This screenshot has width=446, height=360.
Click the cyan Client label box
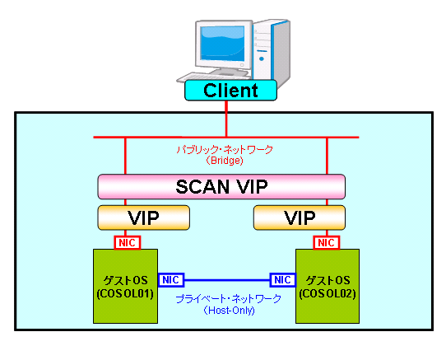[x=230, y=91]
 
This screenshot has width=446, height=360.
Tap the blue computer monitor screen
[x=222, y=44]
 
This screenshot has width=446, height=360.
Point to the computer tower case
[x=272, y=51]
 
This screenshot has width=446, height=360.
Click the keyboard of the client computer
[x=213, y=77]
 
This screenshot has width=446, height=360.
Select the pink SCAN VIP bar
[x=221, y=187]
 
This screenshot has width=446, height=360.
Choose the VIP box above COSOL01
[x=144, y=217]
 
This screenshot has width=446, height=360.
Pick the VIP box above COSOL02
[x=300, y=217]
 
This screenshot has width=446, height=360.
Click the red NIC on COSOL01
[x=128, y=243]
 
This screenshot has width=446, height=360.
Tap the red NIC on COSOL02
[x=326, y=243]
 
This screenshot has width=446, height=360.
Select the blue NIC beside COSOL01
[x=170, y=280]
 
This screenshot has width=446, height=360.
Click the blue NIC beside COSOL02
[x=282, y=280]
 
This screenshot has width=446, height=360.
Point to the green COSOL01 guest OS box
[x=125, y=286]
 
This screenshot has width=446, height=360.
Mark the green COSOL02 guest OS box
[x=328, y=286]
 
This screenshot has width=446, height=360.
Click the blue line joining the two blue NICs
[x=226, y=280]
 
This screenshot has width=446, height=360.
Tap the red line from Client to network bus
[x=226, y=119]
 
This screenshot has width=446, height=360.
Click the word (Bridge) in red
[x=225, y=161]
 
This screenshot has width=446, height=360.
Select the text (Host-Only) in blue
[x=229, y=310]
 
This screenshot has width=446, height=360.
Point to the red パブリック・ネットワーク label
[x=225, y=150]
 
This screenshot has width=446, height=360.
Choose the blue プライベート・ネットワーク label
[x=228, y=299]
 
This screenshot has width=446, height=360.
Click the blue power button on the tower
[x=262, y=59]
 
